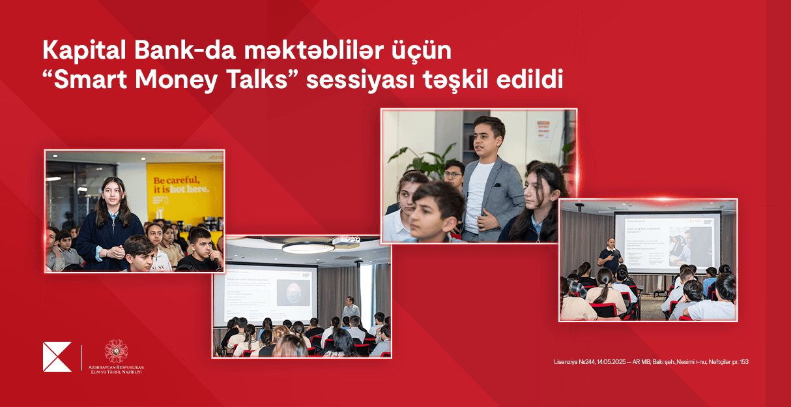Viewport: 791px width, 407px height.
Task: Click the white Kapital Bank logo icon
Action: (57, 357)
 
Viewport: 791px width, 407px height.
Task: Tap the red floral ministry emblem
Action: (117, 350)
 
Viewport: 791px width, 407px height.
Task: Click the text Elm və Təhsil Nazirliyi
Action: (117, 372)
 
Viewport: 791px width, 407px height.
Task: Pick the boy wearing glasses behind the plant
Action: (453, 172)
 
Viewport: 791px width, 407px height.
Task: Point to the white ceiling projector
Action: (345, 241)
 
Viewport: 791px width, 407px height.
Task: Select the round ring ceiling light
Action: (308, 247)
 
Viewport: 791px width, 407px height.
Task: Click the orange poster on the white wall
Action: (544, 130)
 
